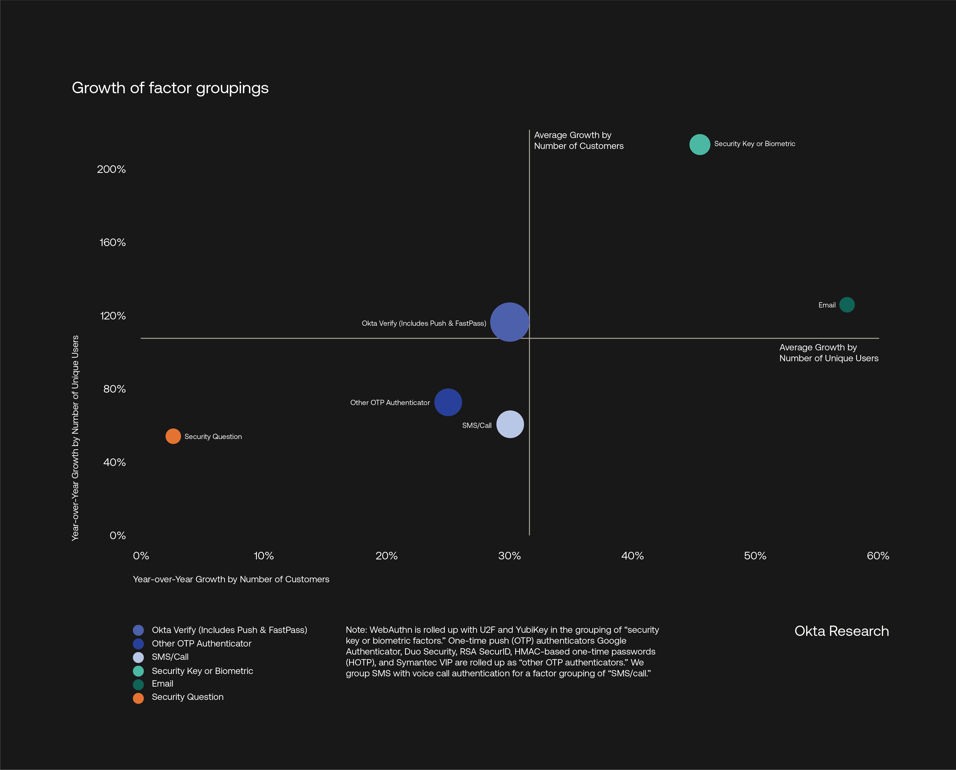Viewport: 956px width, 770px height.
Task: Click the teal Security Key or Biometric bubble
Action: pyautogui.click(x=699, y=144)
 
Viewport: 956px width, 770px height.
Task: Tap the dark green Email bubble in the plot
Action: pyautogui.click(x=847, y=305)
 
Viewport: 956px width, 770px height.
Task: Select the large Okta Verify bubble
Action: pyautogui.click(x=510, y=322)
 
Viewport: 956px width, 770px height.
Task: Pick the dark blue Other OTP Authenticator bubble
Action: pyautogui.click(x=448, y=402)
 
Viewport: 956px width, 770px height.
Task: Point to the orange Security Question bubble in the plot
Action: pyautogui.click(x=173, y=436)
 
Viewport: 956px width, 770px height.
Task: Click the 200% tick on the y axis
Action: pyautogui.click(x=111, y=169)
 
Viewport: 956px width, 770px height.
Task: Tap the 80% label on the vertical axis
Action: pyautogui.click(x=114, y=389)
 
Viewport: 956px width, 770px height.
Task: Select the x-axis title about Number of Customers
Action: pyautogui.click(x=231, y=579)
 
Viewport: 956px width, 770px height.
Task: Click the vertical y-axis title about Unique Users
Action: pyautogui.click(x=75, y=438)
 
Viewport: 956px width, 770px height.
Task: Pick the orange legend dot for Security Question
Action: pyautogui.click(x=138, y=698)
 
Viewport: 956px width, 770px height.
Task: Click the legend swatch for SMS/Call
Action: pyautogui.click(x=138, y=657)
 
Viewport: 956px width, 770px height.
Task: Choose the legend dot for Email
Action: pyautogui.click(x=138, y=684)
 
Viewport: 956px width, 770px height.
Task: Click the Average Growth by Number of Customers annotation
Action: pyautogui.click(x=578, y=141)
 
